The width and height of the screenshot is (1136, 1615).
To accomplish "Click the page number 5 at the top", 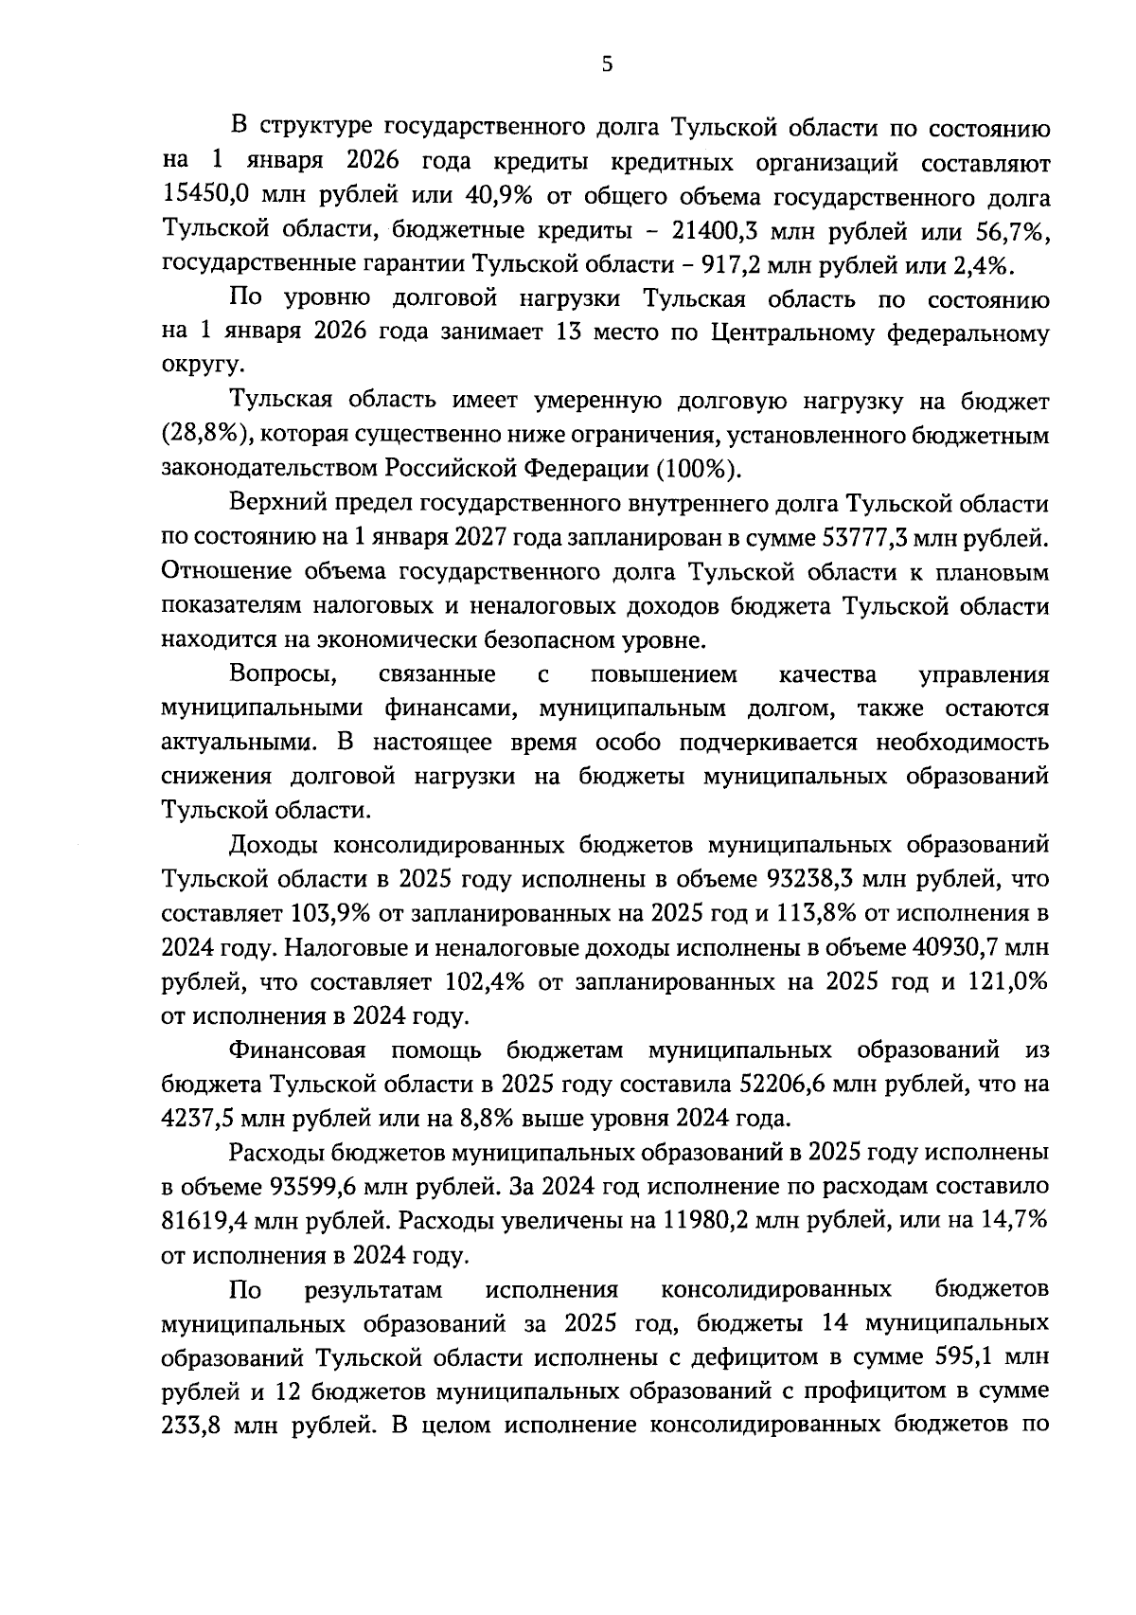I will [607, 64].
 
